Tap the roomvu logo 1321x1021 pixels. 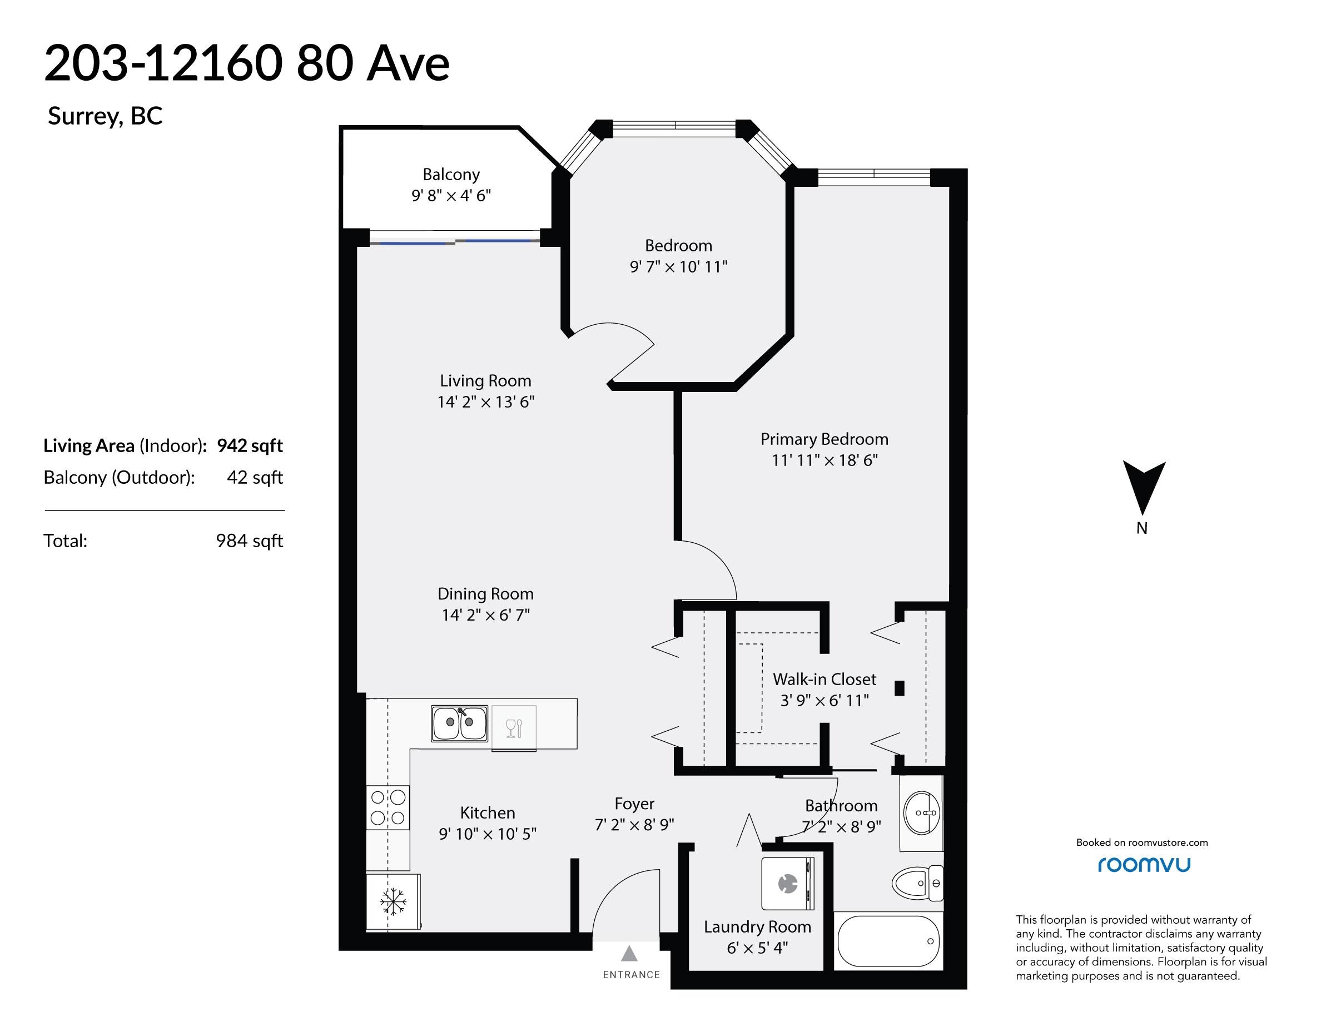point(1144,864)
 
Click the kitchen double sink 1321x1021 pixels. point(459,723)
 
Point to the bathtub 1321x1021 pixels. point(888,941)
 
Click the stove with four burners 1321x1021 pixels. point(388,807)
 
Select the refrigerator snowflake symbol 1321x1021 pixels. point(393,902)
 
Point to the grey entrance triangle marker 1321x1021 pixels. point(630,954)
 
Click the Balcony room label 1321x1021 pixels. point(451,174)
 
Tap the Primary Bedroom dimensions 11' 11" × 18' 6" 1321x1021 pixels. point(825,460)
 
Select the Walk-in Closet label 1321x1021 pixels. point(825,679)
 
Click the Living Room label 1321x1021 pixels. point(486,381)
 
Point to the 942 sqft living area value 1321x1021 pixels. point(250,446)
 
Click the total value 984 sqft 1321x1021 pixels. point(249,541)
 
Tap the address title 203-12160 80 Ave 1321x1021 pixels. point(247,63)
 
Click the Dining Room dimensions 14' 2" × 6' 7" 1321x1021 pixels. point(486,615)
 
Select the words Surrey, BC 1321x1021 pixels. point(105,116)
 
